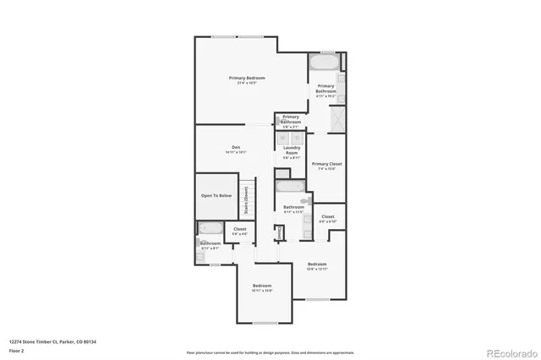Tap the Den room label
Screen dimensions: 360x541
pos(236,148)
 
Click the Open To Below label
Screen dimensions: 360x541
pos(216,195)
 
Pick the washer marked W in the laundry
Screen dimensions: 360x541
pos(285,138)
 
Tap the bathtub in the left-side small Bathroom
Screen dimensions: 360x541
pos(209,228)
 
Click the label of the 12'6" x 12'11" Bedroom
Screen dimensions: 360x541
pos(317,265)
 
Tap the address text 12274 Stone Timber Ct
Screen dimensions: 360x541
pos(52,341)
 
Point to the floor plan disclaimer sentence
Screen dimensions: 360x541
pos(270,352)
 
